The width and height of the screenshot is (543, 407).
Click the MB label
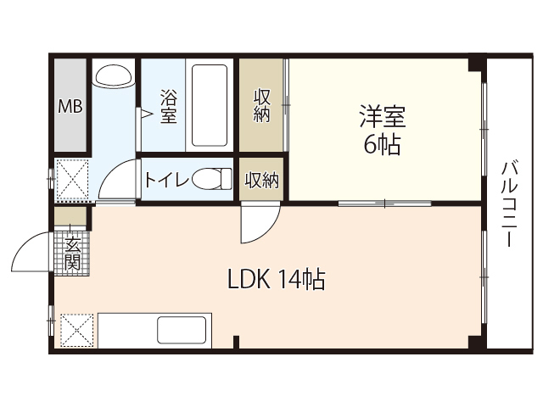coord(70,107)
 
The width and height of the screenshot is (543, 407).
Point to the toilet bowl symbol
coord(211,179)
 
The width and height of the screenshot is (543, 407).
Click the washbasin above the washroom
coord(114,75)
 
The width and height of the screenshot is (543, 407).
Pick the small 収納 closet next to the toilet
coord(262,180)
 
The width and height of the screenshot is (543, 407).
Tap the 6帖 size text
coord(382,145)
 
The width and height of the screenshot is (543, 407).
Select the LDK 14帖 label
coord(276,280)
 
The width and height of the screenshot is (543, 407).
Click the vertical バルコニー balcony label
coord(509,203)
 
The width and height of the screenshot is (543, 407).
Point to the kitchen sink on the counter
coord(182,330)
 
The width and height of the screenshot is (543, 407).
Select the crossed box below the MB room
coord(71,179)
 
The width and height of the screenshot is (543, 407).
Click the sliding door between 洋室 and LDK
coord(383,203)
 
